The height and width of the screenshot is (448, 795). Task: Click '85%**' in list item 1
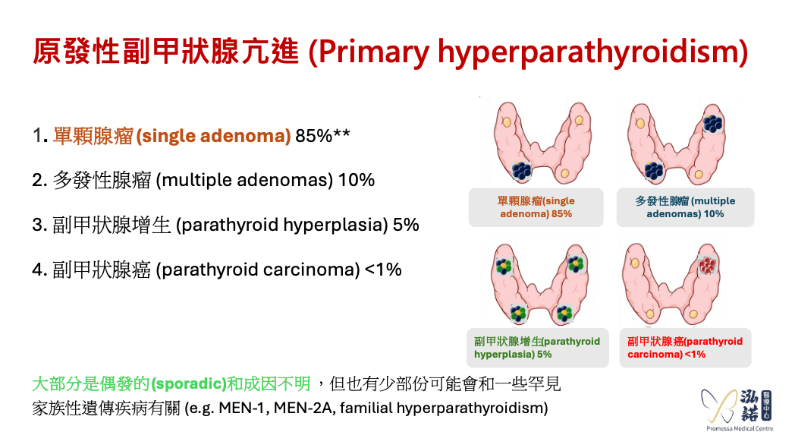pos(323,137)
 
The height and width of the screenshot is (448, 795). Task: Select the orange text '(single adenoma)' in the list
pos(214,137)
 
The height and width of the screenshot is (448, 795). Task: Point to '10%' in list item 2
pos(357,181)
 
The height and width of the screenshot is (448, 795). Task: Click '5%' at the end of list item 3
pos(406,226)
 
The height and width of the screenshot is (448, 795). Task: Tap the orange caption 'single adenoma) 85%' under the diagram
pos(536,207)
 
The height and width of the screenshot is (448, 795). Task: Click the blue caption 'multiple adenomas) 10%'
pos(685,207)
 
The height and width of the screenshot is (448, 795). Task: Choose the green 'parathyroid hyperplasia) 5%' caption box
pos(536,348)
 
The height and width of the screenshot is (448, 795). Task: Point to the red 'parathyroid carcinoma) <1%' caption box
pos(685,348)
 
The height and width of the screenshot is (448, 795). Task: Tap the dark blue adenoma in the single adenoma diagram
pos(521,171)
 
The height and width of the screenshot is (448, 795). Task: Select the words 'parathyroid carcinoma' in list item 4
pos(258,270)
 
